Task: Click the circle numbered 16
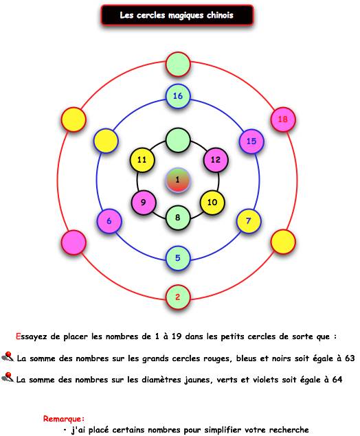[178, 96]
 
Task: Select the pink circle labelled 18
[283, 119]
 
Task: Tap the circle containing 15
[251, 141]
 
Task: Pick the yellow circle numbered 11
[142, 160]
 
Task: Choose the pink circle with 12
[216, 160]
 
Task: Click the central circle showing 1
[178, 180]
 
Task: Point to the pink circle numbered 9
[144, 203]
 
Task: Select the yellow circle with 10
[212, 203]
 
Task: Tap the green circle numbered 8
[178, 218]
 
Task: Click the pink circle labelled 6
[109, 221]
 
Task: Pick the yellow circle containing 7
[249, 221]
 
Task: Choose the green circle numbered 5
[178, 258]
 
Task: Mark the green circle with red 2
[178, 297]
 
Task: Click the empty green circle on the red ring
[178, 65]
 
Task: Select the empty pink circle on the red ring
[74, 242]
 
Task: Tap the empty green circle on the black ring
[178, 140]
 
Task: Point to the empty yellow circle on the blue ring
[106, 141]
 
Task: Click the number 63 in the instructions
[350, 358]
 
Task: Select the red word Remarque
[64, 418]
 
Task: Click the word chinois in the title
[220, 15]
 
